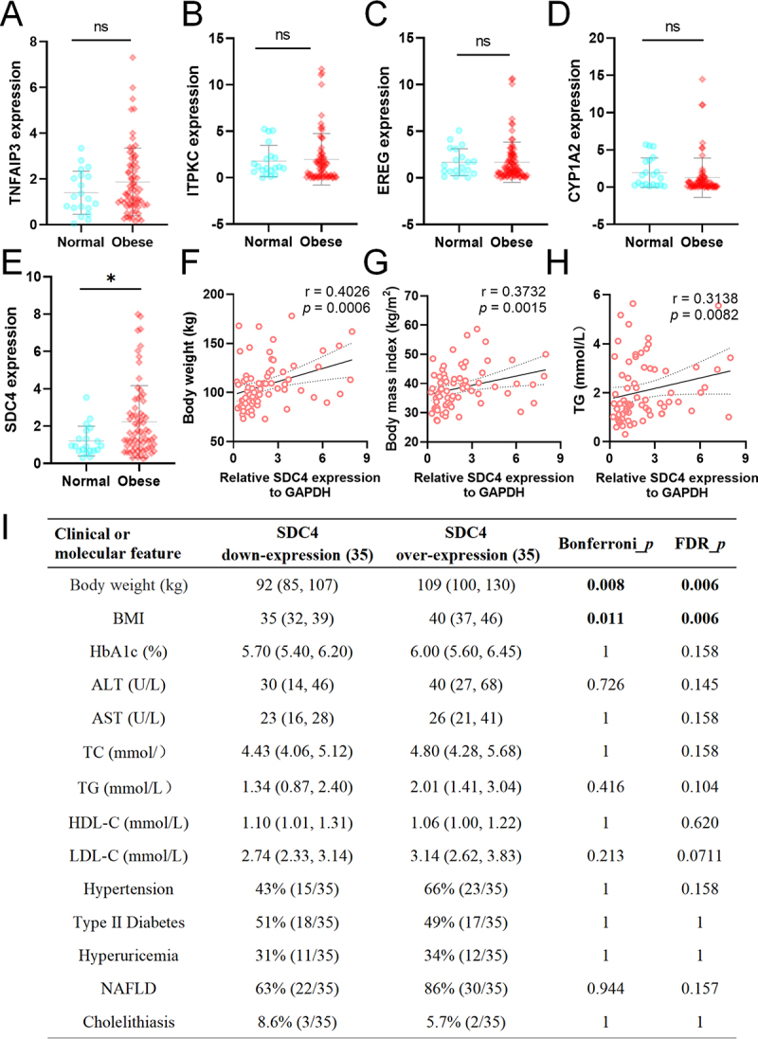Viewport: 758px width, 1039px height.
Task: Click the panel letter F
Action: (x=190, y=262)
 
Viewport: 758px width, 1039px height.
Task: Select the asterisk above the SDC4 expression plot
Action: (x=111, y=279)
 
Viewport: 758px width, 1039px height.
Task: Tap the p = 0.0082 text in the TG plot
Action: (x=704, y=314)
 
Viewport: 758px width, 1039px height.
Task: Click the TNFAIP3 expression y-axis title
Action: (x=14, y=133)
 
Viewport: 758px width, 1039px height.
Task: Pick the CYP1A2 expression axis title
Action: (x=574, y=131)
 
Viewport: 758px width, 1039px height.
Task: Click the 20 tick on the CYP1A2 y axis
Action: (x=596, y=39)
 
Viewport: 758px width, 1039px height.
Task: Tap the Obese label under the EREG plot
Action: (x=512, y=242)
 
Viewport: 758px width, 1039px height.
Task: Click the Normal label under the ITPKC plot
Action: (x=268, y=242)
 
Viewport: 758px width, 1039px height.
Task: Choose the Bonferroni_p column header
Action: (x=605, y=544)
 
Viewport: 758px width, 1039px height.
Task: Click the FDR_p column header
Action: (x=699, y=544)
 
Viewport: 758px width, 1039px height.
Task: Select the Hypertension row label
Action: (x=129, y=889)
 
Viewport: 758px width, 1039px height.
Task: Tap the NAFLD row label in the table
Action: (x=129, y=989)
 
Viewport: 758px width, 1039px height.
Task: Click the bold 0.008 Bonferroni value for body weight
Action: (x=605, y=585)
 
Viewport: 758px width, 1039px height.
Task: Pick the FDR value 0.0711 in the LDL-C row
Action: (x=699, y=856)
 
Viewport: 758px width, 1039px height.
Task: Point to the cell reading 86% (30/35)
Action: (x=465, y=989)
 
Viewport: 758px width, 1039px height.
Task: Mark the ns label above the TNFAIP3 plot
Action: (x=100, y=27)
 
